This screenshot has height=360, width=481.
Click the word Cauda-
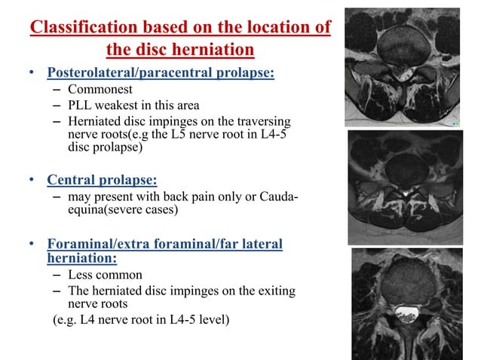(x=273, y=197)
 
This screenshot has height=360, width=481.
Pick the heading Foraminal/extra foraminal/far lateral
(x=164, y=244)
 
